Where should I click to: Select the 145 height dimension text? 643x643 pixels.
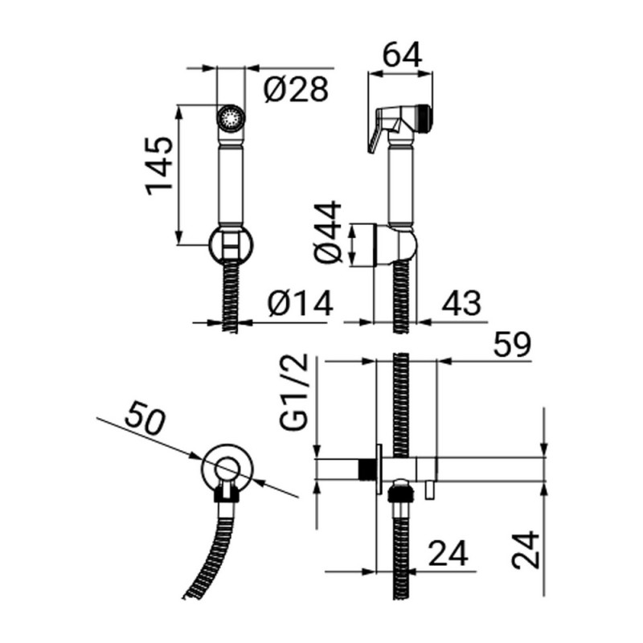point(159,165)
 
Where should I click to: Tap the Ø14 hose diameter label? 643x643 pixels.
point(300,305)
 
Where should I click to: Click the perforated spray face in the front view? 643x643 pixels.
point(230,117)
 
